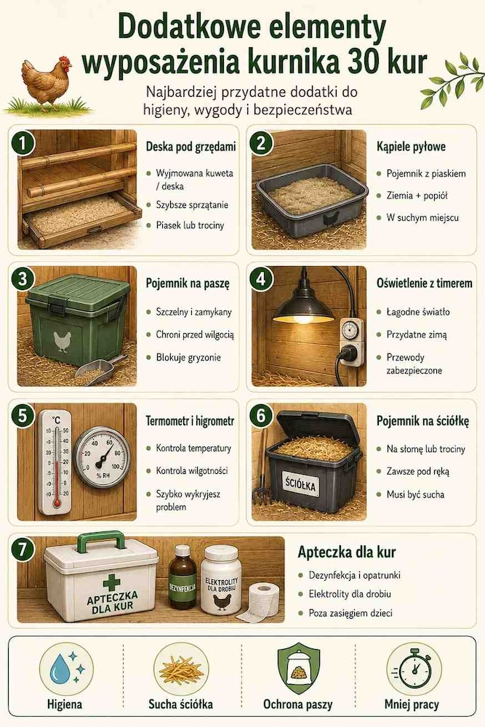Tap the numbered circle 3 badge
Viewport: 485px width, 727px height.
[22, 279]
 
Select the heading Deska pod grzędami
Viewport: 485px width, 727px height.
[191, 147]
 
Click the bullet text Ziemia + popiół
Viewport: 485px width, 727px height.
[417, 196]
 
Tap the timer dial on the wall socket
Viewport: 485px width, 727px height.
[349, 329]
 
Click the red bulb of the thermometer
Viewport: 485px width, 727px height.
[57, 502]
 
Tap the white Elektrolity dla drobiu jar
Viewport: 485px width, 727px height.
[222, 579]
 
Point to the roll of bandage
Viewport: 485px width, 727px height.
[262, 601]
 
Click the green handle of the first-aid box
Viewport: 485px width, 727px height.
[101, 541]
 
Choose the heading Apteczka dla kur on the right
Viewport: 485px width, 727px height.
[346, 553]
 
